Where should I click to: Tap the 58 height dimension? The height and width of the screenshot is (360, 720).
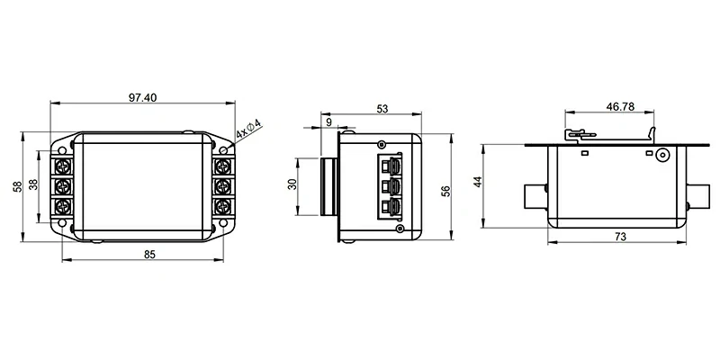click(17, 185)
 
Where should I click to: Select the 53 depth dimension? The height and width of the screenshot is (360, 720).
click(382, 109)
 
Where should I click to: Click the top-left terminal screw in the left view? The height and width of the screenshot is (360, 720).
click(65, 166)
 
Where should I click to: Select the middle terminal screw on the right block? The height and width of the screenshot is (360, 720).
click(223, 185)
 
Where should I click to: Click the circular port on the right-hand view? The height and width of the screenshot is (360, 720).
click(663, 155)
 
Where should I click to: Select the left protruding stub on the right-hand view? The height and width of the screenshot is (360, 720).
click(533, 194)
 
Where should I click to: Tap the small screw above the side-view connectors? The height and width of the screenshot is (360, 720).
click(382, 144)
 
